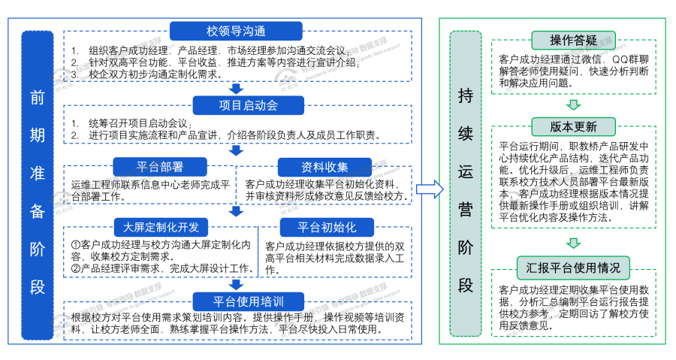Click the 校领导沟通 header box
click(x=236, y=31)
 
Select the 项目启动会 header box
click(x=236, y=104)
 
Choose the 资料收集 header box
click(x=323, y=167)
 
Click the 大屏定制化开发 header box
click(x=161, y=227)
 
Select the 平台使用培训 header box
click(x=236, y=300)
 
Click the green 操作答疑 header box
click(x=573, y=40)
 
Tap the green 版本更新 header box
click(x=573, y=126)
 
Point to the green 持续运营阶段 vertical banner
click(x=465, y=184)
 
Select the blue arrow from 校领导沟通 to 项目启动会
click(x=236, y=89)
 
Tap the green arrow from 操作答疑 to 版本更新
click(x=573, y=104)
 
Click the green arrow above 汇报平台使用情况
click(x=573, y=243)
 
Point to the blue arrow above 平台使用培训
click(x=236, y=284)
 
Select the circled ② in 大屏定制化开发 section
click(x=76, y=268)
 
